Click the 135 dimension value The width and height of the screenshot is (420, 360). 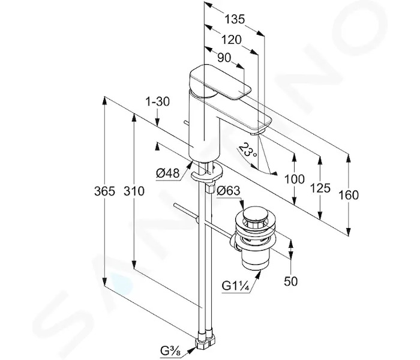(x=235, y=19)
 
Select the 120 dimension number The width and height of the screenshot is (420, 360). (x=232, y=40)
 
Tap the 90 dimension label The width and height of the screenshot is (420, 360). (x=224, y=58)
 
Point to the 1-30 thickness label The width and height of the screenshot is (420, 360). (x=157, y=102)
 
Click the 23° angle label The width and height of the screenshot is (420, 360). (x=248, y=151)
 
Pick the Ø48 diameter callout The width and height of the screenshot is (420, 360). (x=167, y=173)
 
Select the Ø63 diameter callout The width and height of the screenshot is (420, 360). (x=229, y=191)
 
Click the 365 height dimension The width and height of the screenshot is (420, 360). (x=104, y=191)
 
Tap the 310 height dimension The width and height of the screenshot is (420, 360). (x=134, y=191)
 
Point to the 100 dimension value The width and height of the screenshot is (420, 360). (x=294, y=179)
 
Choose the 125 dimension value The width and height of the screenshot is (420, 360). (x=320, y=188)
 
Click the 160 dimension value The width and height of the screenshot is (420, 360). (x=349, y=195)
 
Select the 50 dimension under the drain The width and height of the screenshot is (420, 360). (x=290, y=281)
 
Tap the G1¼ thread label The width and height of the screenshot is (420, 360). (x=236, y=286)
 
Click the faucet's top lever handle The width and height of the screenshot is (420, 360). (x=220, y=82)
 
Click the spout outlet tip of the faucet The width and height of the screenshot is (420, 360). (x=257, y=131)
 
